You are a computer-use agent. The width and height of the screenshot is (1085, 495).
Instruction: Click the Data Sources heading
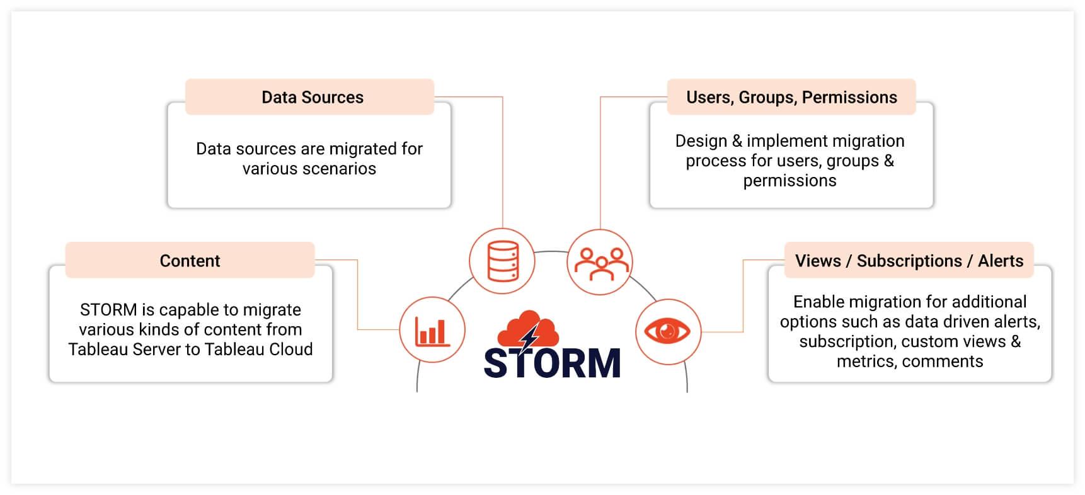pyautogui.click(x=313, y=98)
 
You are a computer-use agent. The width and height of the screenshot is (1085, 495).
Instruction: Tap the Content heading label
pyautogui.click(x=190, y=261)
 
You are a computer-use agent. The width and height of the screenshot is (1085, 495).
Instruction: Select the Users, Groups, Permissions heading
pyautogui.click(x=791, y=98)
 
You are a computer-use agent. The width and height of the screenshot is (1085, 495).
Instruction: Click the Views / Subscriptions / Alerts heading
pyautogui.click(x=909, y=261)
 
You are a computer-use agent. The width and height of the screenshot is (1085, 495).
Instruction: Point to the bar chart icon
pyautogui.click(x=432, y=331)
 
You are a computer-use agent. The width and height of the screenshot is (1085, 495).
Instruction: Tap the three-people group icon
pyautogui.click(x=600, y=262)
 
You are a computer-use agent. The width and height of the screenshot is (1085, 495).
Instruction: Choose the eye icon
pyautogui.click(x=668, y=331)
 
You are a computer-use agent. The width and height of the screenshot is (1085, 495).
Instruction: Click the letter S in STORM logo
pyautogui.click(x=496, y=363)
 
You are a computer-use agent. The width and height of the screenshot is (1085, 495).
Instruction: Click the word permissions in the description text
pyautogui.click(x=789, y=181)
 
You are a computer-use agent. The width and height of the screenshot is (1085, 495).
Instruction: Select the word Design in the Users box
pyautogui.click(x=701, y=141)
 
